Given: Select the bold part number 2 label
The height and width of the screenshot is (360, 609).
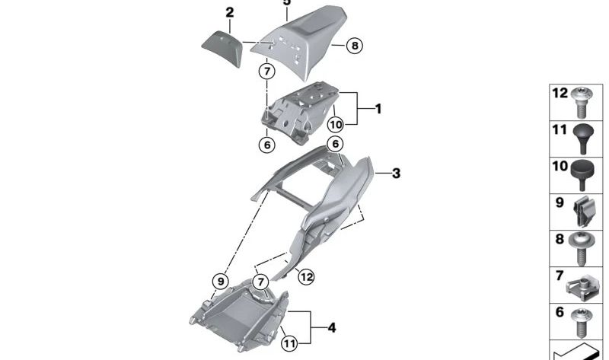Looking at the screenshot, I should pyautogui.click(x=230, y=13).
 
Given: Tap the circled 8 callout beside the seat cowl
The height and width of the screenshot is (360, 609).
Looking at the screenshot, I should pyautogui.click(x=354, y=46).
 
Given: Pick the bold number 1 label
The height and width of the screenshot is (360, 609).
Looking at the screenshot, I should pyautogui.click(x=378, y=110).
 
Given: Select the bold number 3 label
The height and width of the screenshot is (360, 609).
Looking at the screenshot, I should pyautogui.click(x=395, y=174).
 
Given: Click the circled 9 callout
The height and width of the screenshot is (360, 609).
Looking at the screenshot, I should pyautogui.click(x=220, y=281).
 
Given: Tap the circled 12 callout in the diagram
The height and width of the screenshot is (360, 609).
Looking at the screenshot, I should pyautogui.click(x=305, y=277).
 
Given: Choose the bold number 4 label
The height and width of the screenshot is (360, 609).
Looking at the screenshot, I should pyautogui.click(x=331, y=328).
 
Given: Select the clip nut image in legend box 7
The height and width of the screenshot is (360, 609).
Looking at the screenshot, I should pyautogui.click(x=583, y=285).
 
